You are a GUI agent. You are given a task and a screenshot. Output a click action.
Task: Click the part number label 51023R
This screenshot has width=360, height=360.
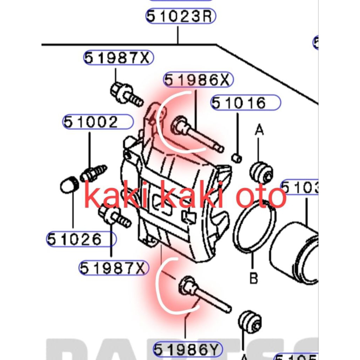180,17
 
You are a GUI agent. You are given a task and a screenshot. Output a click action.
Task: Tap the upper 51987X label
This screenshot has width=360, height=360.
118,58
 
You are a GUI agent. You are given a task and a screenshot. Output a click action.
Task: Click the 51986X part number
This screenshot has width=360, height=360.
198,81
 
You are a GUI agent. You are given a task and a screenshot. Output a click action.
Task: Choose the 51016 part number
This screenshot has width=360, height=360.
246,103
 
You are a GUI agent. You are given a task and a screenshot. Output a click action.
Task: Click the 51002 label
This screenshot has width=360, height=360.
98,122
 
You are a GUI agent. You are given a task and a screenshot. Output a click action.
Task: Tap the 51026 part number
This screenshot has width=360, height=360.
81,240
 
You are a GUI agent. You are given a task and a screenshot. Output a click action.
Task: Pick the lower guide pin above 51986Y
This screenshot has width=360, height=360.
204,295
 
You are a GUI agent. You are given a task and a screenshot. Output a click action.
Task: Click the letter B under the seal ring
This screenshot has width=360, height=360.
253,278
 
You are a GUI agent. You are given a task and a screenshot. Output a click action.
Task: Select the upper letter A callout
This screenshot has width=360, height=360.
259,131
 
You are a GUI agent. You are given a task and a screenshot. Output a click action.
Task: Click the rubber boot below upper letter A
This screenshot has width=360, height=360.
261,172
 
